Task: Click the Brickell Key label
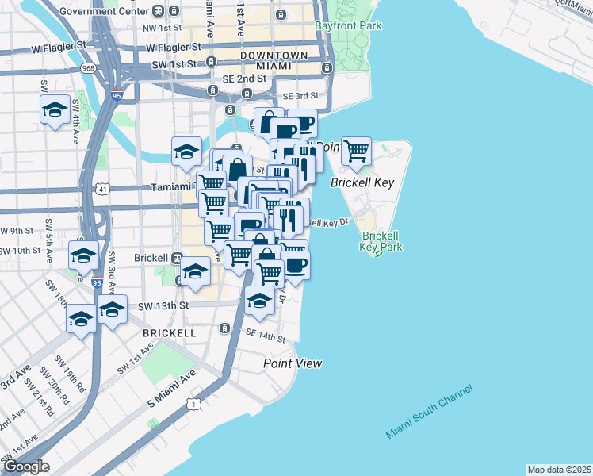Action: (362, 182)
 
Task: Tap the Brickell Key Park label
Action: (381, 241)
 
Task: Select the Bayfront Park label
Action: (359, 26)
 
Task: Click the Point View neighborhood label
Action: (293, 363)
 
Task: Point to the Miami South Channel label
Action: (429, 411)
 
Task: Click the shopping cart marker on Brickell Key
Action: (356, 150)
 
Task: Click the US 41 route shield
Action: (102, 189)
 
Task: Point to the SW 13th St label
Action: (164, 305)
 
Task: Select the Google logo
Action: (26, 466)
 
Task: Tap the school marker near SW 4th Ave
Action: (54, 111)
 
